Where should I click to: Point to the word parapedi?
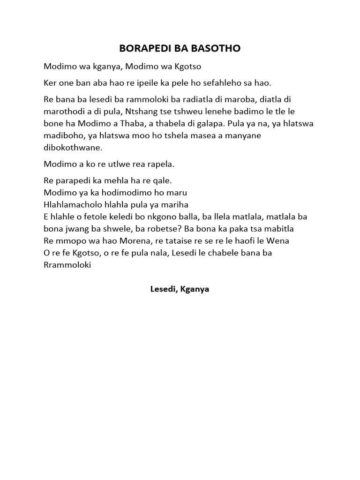click(72, 180)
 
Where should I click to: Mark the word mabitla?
click(277, 229)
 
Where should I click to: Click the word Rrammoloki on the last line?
click(67, 265)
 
